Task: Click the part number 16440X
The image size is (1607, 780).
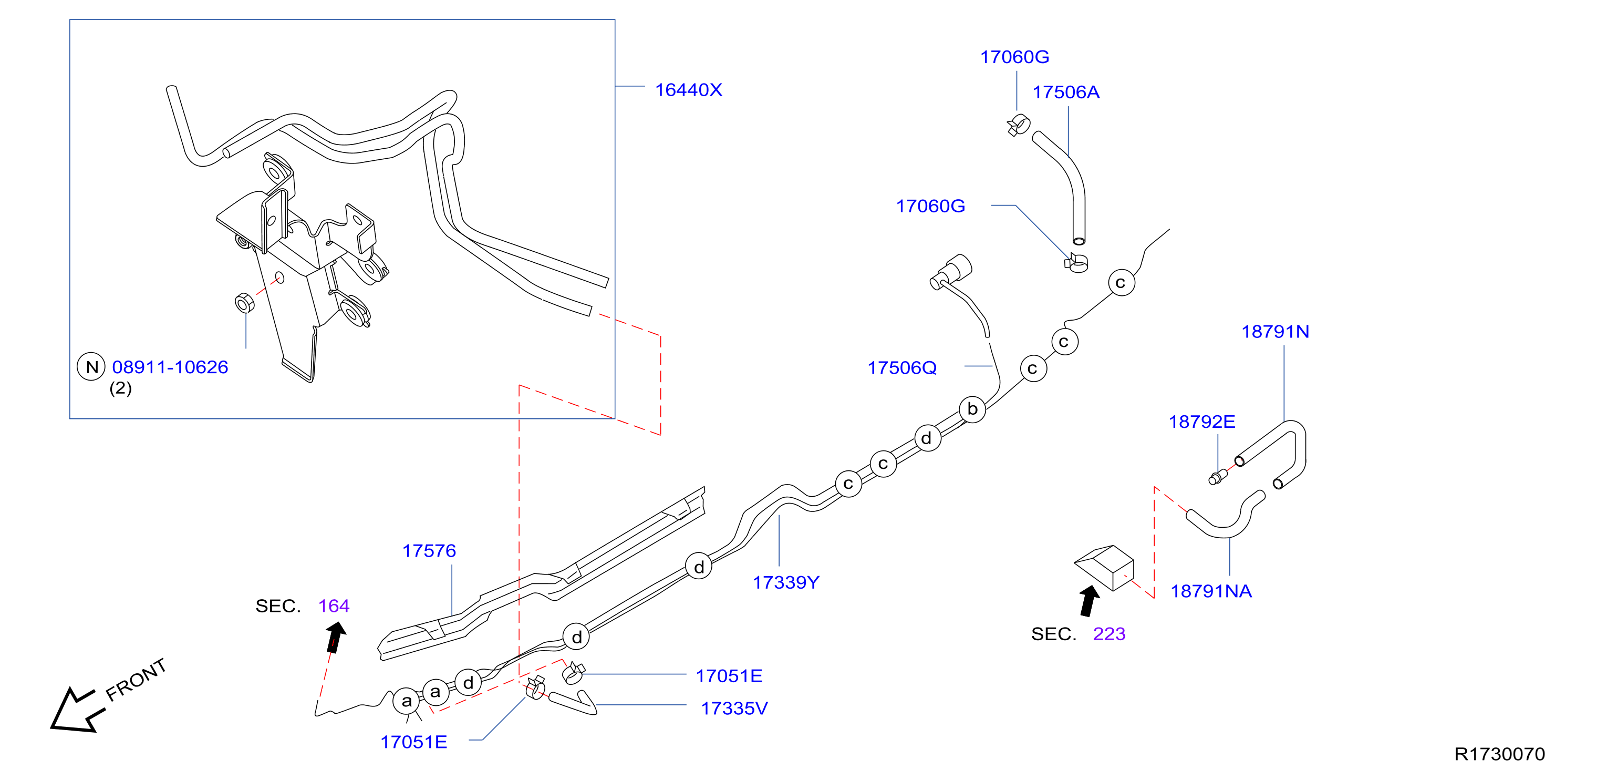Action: coord(688,90)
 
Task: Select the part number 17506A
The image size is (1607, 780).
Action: coord(1065,93)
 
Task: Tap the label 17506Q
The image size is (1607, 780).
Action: coord(902,367)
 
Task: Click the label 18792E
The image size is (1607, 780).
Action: coord(1201,422)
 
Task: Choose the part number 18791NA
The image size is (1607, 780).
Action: coord(1211,591)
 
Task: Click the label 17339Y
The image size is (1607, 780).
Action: coord(785,582)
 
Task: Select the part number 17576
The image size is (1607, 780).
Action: coord(429,550)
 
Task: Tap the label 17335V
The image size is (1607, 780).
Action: coord(734,708)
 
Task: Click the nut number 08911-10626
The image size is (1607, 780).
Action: coord(170,367)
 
